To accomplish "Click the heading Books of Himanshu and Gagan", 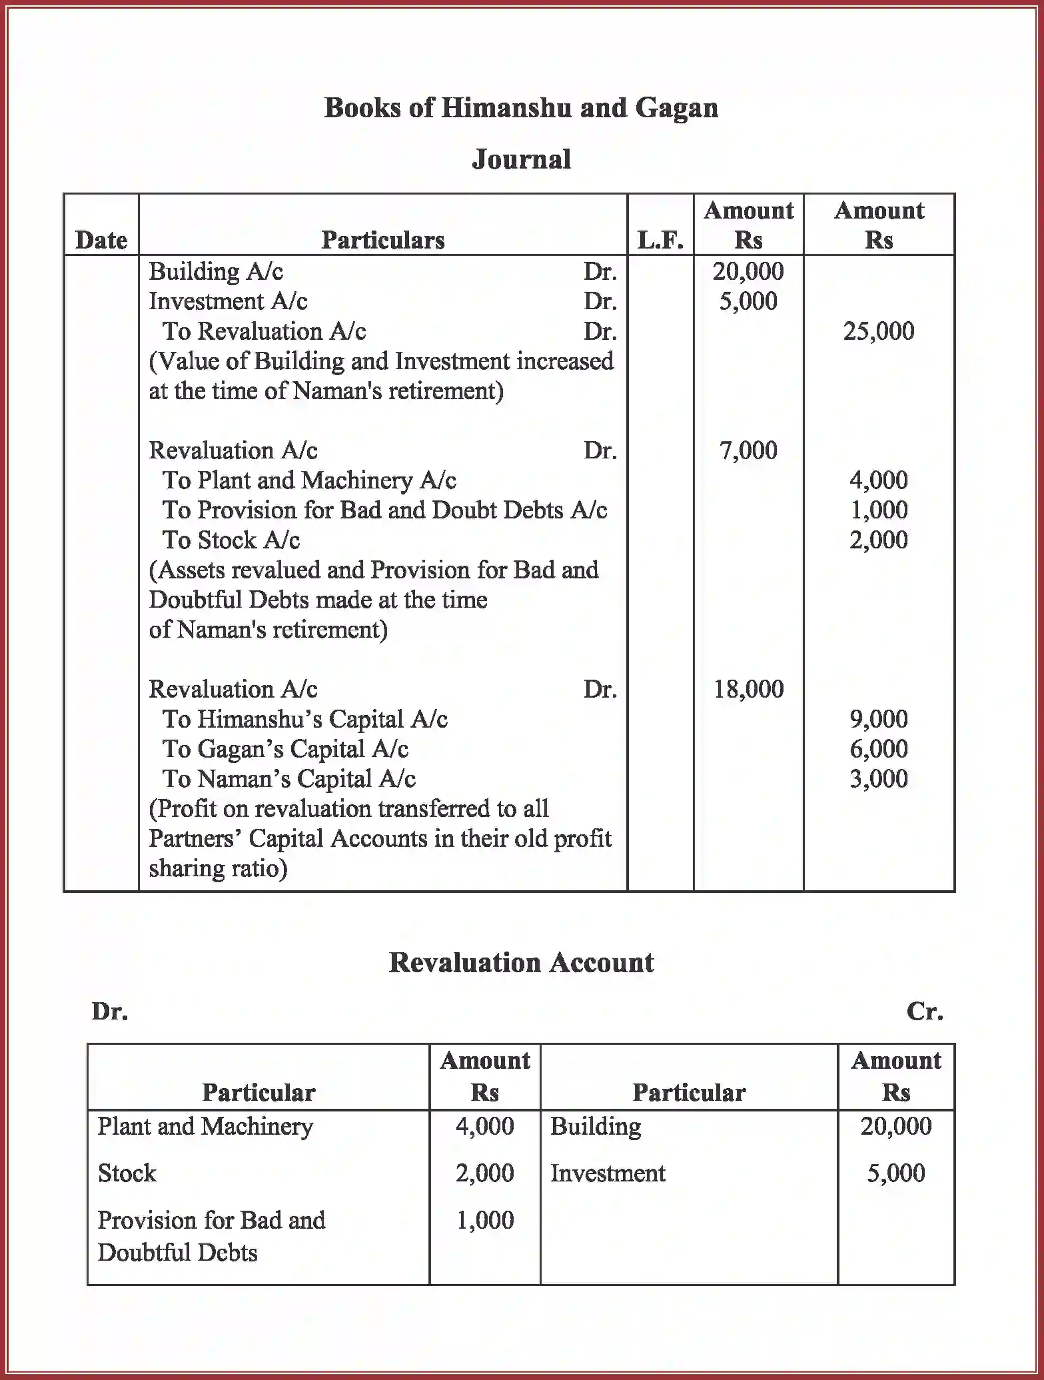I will (521, 108).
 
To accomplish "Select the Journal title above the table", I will (521, 160).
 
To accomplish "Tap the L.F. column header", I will (660, 240).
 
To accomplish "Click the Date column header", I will (101, 240).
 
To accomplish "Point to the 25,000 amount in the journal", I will (878, 331).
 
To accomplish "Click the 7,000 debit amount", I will (748, 450).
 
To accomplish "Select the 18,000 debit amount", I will (748, 689).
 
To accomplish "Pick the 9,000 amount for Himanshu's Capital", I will (878, 719).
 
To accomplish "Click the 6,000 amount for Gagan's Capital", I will (878, 749).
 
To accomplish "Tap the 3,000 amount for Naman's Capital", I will (878, 779).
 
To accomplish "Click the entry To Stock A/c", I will (231, 540).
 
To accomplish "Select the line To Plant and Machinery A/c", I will (309, 480).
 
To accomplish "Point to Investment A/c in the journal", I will (228, 301).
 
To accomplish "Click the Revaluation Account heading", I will (521, 963).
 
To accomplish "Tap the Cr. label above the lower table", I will (925, 1012).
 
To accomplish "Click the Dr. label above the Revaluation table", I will (110, 1012).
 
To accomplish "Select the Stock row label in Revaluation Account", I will (127, 1173).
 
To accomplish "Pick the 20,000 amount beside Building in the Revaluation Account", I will (895, 1126).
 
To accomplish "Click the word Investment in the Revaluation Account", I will (608, 1173).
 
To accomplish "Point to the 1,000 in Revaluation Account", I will (484, 1220).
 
